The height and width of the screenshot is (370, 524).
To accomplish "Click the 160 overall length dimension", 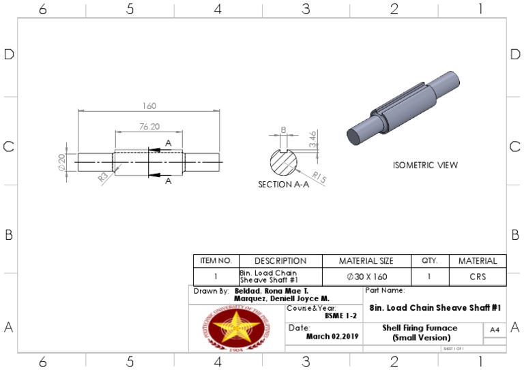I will coord(149,106).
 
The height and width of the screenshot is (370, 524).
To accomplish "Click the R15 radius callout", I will coord(319,178).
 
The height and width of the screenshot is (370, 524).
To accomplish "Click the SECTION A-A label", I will coord(283,185).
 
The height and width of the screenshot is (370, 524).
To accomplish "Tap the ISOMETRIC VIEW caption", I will coord(425,166).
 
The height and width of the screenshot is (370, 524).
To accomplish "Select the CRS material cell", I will coord(478,277).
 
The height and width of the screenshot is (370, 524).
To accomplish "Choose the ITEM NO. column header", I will coord(216,261).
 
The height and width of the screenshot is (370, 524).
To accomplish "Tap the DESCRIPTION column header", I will coord(280,261).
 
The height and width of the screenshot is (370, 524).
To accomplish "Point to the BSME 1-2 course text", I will coord(340,316).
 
